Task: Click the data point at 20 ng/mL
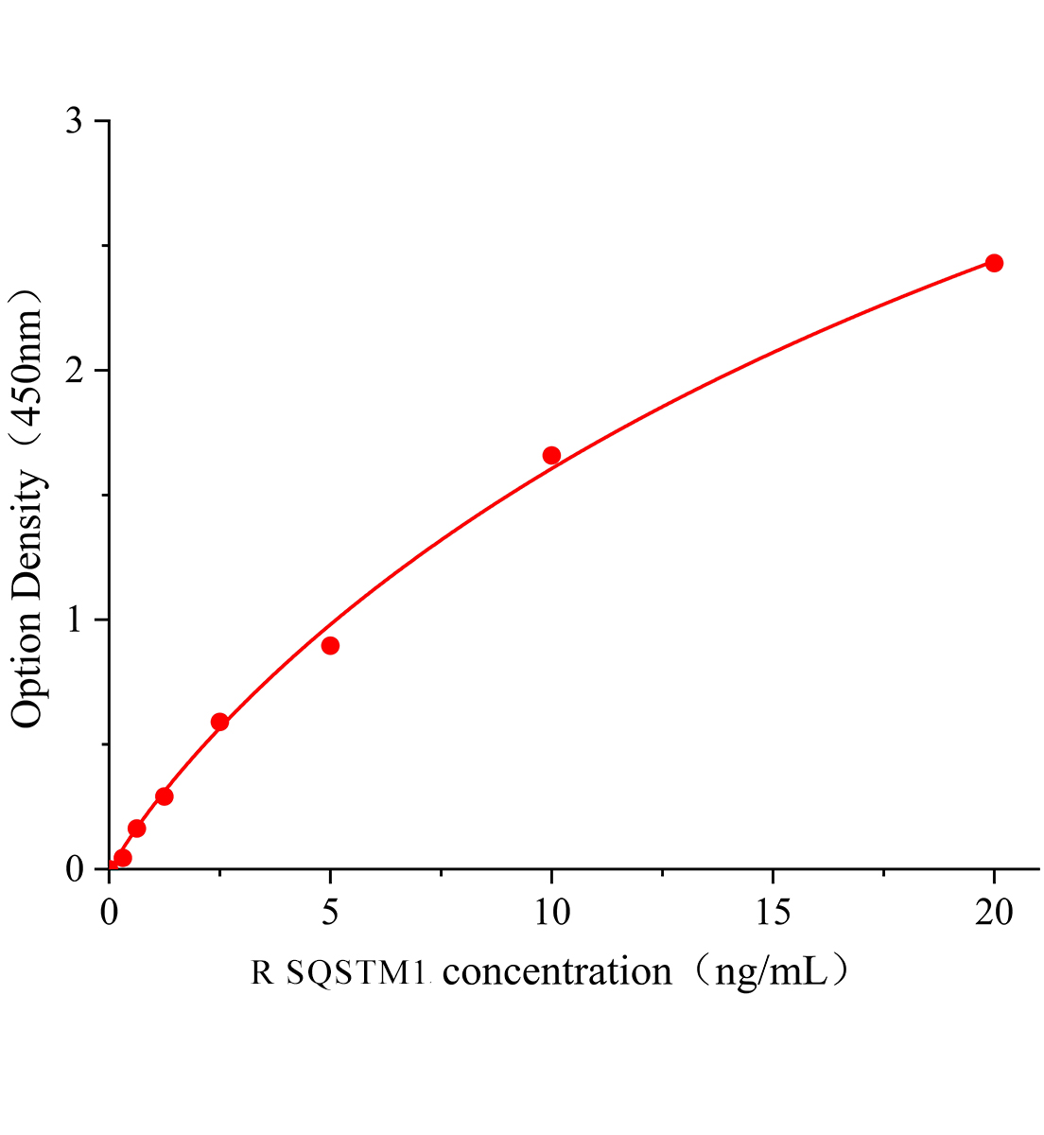tap(994, 263)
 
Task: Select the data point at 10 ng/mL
tap(551, 455)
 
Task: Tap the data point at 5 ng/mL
tap(330, 646)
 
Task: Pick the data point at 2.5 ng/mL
tap(219, 722)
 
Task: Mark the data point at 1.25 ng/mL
tap(165, 796)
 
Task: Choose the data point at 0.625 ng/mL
tap(136, 829)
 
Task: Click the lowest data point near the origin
tap(123, 858)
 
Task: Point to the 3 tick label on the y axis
tap(75, 121)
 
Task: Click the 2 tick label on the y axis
tap(75, 371)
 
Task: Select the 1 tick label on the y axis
tap(75, 620)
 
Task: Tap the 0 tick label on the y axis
tap(75, 868)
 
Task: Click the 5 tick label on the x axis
tap(330, 913)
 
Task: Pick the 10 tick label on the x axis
tap(551, 913)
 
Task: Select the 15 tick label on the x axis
tap(773, 913)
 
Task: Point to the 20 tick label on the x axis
tap(994, 913)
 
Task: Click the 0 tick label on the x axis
tap(110, 913)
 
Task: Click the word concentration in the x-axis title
tap(557, 972)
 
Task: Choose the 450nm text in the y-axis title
tap(28, 363)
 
